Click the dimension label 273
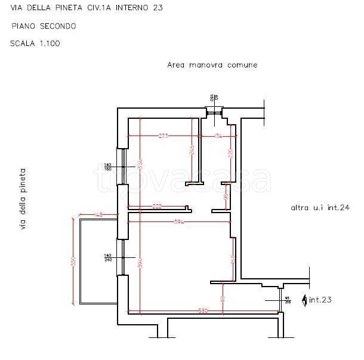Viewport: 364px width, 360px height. click(163, 136)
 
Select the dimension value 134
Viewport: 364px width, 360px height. click(218, 136)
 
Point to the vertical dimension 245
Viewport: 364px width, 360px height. click(192, 150)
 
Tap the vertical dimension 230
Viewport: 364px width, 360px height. click(230, 152)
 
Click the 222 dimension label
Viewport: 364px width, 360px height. click(157, 206)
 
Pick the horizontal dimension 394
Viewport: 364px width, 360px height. click(177, 222)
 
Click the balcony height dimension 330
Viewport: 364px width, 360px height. click(73, 261)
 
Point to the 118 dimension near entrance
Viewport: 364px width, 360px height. click(222, 299)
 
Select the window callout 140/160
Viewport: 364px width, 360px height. click(108, 167)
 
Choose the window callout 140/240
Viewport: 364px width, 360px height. click(108, 257)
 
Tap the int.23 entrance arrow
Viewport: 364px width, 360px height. click(306, 300)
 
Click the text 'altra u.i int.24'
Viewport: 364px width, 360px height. click(319, 208)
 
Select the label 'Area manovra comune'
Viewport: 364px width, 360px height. click(212, 65)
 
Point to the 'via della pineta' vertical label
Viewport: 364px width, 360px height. click(23, 199)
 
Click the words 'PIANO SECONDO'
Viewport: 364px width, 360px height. click(43, 26)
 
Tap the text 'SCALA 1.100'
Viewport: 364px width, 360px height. click(35, 44)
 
